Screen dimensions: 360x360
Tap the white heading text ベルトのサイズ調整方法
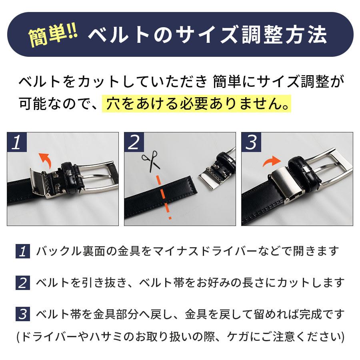[207, 36]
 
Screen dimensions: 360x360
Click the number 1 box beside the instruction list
[22, 251]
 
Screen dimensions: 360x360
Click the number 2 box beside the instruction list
[22, 283]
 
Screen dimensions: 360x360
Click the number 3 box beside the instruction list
[22, 314]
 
